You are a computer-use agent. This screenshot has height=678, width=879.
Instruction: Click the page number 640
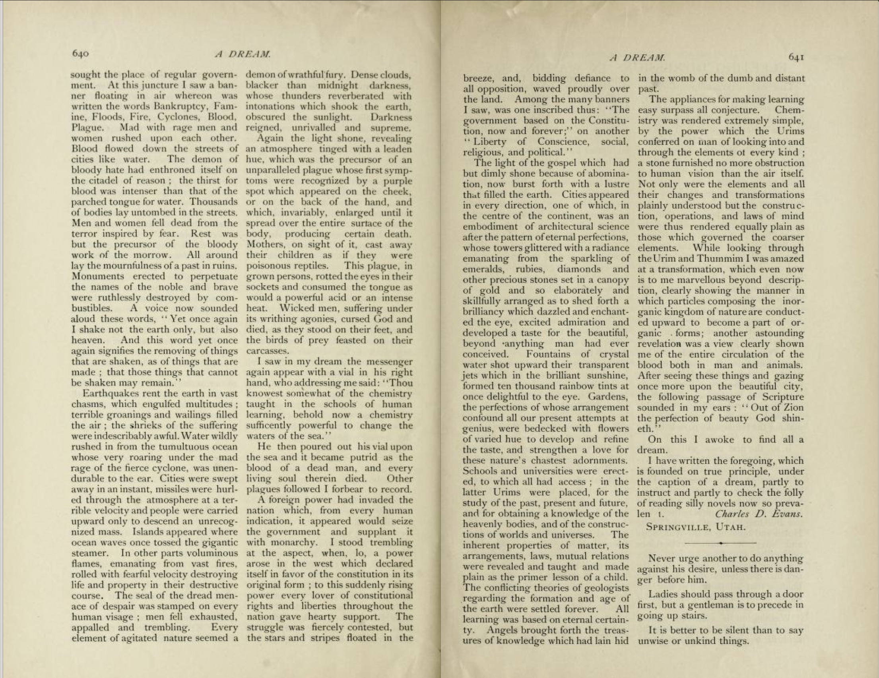(80, 54)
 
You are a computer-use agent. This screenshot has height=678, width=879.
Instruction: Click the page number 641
(796, 58)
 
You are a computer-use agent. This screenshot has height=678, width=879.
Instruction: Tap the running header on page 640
(242, 54)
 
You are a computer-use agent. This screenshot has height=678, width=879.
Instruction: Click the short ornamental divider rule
(720, 543)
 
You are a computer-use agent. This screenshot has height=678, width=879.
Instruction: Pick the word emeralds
(483, 269)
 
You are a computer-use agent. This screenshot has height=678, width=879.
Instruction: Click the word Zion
(791, 408)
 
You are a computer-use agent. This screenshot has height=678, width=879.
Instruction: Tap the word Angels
(503, 630)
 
